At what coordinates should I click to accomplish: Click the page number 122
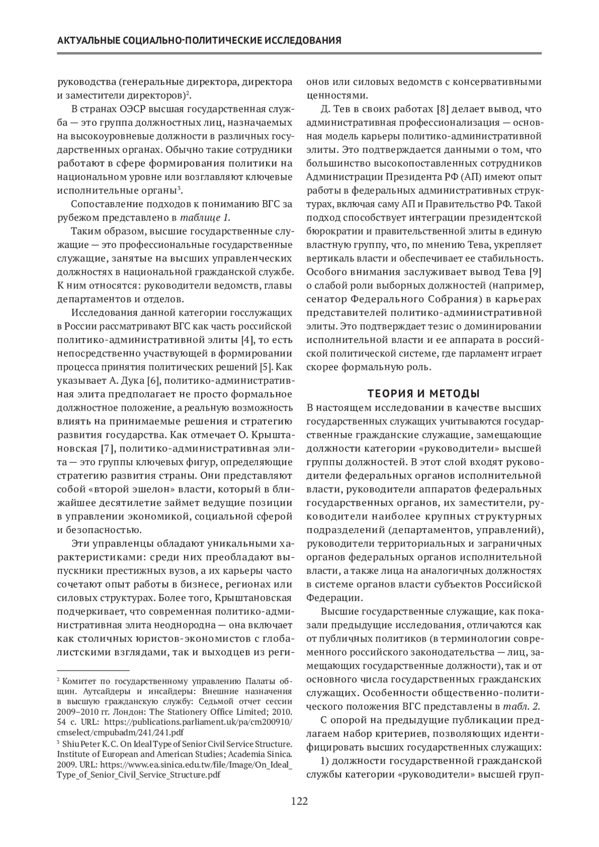click(299, 802)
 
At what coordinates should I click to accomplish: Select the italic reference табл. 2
click(522, 706)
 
